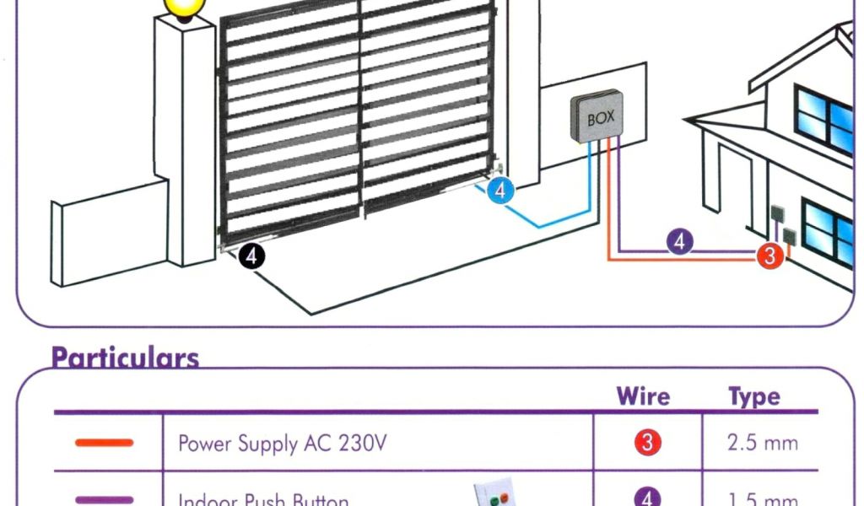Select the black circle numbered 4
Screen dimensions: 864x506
251,256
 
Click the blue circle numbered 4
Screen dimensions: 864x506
500,191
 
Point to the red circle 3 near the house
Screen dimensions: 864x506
769,256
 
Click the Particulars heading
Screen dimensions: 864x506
125,358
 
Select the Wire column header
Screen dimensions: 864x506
643,396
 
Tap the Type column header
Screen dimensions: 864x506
753,396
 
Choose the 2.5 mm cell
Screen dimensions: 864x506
762,443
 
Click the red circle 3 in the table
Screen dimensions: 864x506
647,443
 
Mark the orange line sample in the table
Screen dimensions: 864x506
104,443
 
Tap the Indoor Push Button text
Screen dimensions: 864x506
263,500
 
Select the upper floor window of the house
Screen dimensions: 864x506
823,119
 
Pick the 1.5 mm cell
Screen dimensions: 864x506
762,500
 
